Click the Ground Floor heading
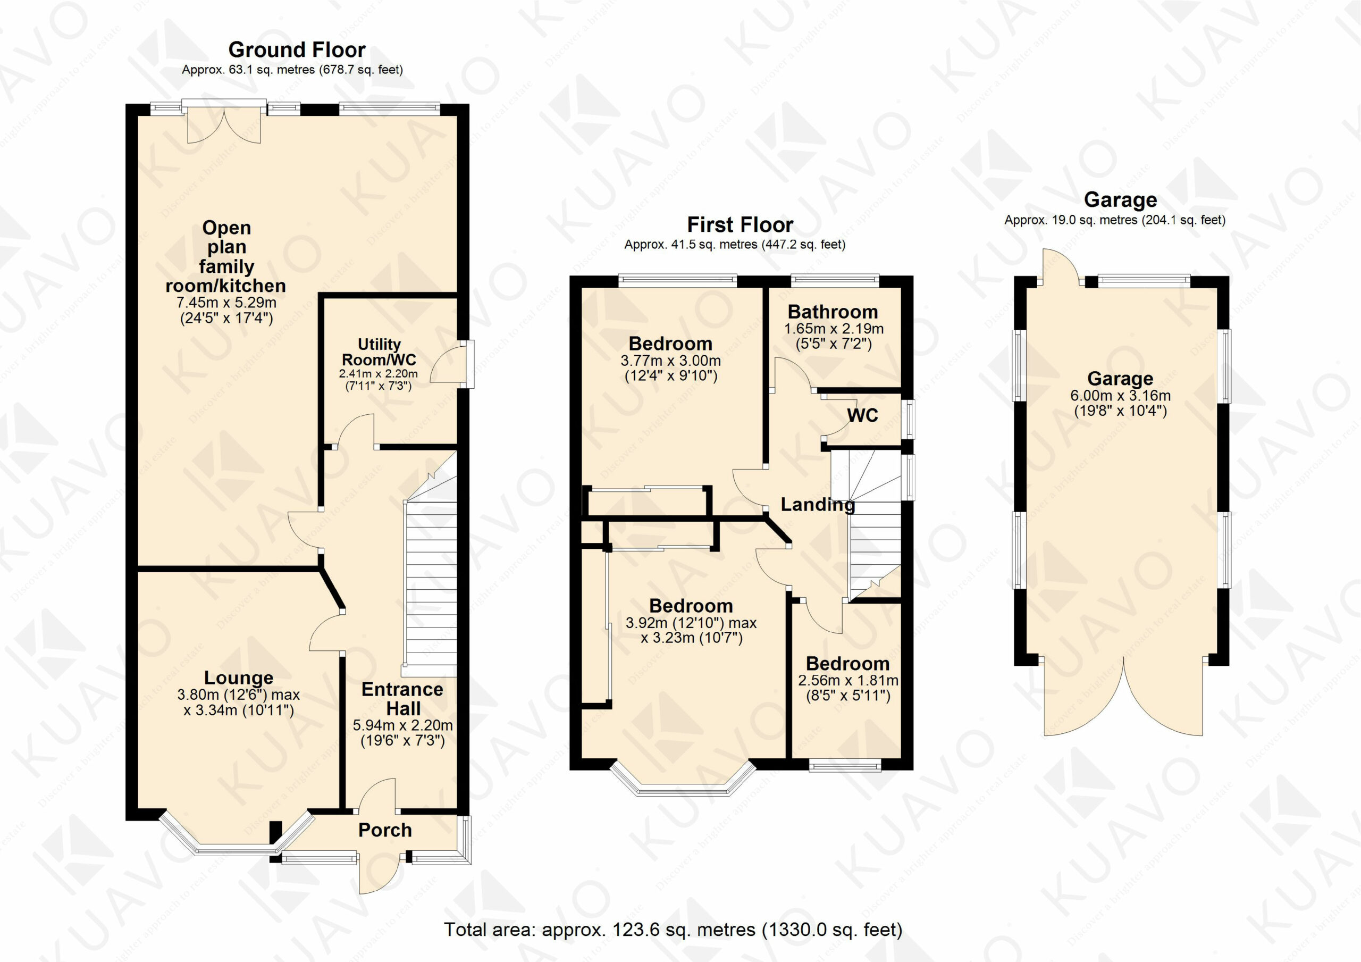click(x=297, y=49)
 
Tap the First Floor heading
click(x=740, y=225)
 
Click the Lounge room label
click(x=239, y=677)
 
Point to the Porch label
click(x=385, y=830)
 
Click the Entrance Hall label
click(x=402, y=699)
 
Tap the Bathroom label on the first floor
click(x=833, y=312)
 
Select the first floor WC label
click(x=862, y=415)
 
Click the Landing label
click(x=818, y=505)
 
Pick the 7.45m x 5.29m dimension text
click(x=226, y=303)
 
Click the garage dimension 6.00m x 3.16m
click(x=1120, y=396)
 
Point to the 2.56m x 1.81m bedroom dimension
click(x=848, y=680)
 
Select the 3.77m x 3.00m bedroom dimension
click(x=670, y=361)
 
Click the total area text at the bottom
click(x=673, y=930)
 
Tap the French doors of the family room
click(x=223, y=123)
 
